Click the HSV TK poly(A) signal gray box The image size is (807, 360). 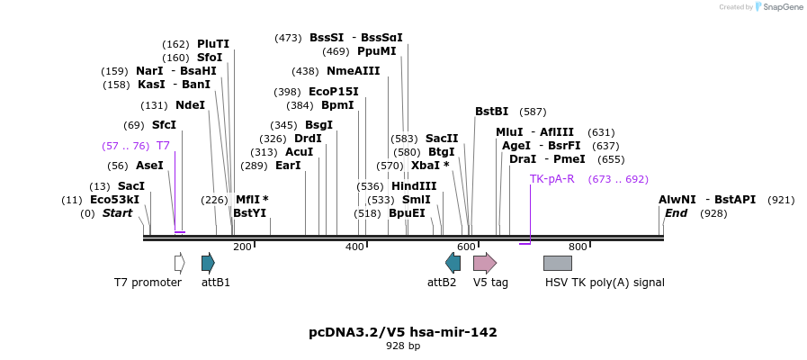(557, 263)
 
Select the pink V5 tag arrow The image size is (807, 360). (484, 263)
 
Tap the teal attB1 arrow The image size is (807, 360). (208, 263)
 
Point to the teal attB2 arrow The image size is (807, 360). (453, 263)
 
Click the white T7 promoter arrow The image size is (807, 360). (179, 263)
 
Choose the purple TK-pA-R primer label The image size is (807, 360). (551, 179)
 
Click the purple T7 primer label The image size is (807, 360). (163, 145)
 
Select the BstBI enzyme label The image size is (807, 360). (491, 112)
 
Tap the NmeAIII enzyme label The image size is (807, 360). (353, 71)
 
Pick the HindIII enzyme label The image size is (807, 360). (414, 186)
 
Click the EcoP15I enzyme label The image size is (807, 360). (333, 92)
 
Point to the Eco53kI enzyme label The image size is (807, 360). (114, 200)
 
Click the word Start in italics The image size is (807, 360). (117, 213)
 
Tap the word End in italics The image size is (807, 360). (676, 213)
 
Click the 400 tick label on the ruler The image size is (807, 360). (354, 247)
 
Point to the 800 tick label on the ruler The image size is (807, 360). (578, 247)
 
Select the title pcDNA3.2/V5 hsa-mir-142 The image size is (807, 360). (403, 332)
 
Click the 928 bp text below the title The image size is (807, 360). (403, 346)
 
